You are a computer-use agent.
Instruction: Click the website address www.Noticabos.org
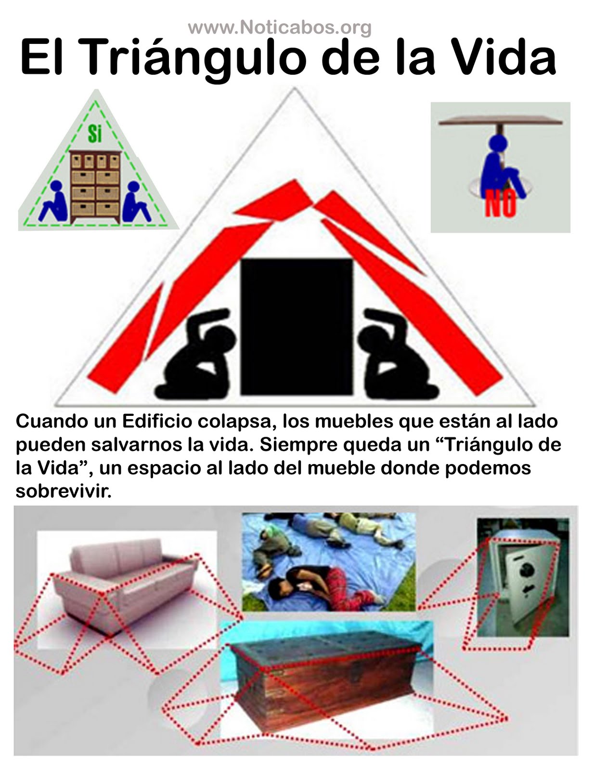pos(280,27)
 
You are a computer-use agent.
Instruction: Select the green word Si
pos(95,134)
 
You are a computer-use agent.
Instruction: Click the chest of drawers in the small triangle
pos(95,187)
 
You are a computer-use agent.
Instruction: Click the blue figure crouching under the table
pos(501,167)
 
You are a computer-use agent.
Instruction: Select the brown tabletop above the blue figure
pos(500,121)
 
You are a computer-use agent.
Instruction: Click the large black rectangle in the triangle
pos(297,327)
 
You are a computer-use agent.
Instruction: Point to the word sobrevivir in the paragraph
pos(64,492)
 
